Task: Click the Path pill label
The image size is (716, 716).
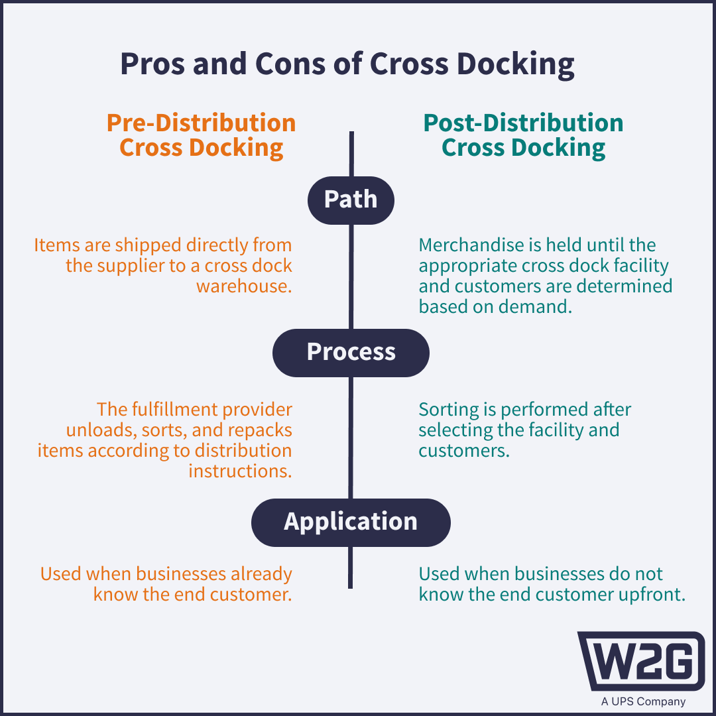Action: pos(351,200)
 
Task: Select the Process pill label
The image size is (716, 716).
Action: pos(351,352)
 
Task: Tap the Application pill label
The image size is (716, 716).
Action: pos(351,522)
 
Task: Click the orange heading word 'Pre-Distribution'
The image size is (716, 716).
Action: pos(202,123)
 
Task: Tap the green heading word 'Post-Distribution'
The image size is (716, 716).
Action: pos(523,123)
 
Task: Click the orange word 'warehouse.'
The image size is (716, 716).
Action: pos(244,286)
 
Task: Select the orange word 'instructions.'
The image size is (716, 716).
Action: pos(240,471)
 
